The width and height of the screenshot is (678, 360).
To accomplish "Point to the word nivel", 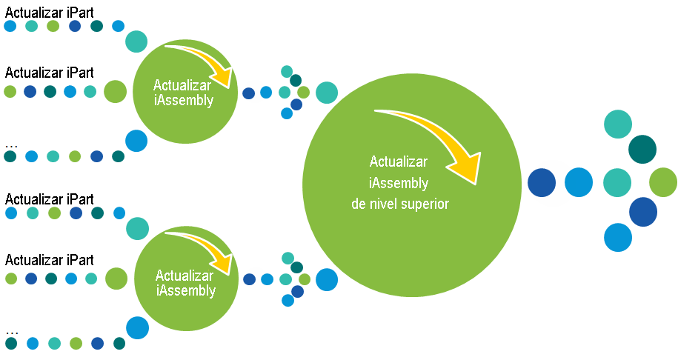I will click(379, 204).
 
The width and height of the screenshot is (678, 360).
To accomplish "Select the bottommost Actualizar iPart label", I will click(50, 260).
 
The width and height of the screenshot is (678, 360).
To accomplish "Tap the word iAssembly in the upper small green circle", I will click(185, 101).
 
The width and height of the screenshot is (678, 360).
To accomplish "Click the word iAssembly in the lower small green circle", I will click(186, 290).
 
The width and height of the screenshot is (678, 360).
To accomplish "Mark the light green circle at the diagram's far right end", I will click(663, 182).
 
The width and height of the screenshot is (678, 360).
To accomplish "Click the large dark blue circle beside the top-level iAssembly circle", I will click(542, 182).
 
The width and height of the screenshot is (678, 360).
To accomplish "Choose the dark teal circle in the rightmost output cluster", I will click(642, 149).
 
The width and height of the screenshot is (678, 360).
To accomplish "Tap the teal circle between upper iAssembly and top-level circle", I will click(326, 93).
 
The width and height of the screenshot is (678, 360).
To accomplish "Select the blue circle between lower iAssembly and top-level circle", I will click(326, 279).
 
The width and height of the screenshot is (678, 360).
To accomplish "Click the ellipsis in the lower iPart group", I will click(10, 331).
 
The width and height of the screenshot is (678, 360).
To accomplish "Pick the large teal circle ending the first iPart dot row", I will click(136, 41).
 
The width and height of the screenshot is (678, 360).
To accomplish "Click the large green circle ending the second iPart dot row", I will click(115, 92).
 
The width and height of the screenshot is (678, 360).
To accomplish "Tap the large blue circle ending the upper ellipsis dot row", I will click(136, 141).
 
